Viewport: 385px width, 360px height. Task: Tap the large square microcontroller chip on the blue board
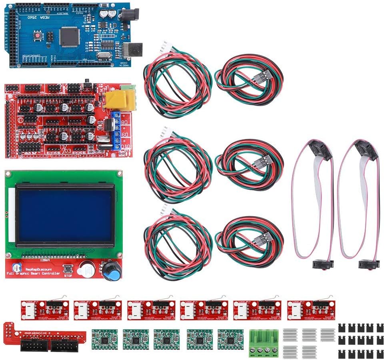(69, 37)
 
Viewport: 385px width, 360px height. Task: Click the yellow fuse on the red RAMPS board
(120, 100)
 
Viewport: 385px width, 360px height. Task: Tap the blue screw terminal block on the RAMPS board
(117, 130)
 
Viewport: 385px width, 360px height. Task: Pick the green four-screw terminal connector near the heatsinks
(264, 342)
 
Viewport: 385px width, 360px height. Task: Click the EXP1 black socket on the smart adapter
(66, 345)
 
